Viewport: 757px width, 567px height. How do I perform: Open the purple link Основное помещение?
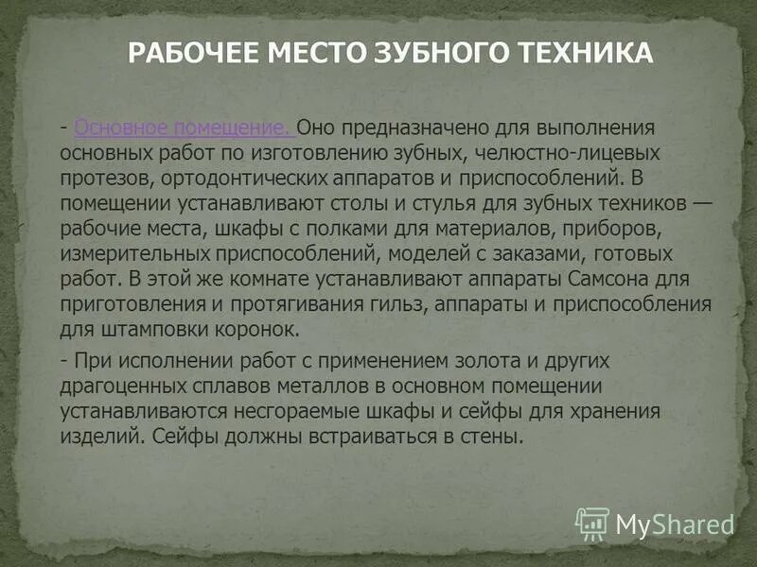pos(183,128)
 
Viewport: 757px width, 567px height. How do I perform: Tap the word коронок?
pos(260,331)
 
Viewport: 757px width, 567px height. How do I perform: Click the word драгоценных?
pos(122,387)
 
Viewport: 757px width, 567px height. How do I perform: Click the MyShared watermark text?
pos(675,523)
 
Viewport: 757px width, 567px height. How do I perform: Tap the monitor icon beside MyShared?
pos(592,523)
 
